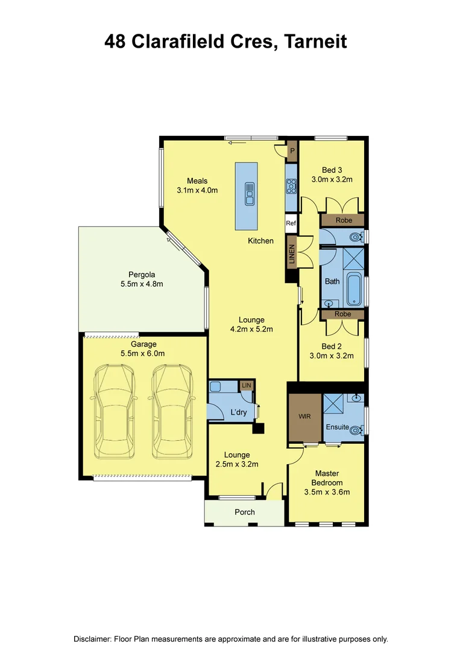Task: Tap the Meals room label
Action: point(197,181)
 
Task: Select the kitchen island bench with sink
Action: point(247,195)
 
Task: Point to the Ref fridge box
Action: point(291,223)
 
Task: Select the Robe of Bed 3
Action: point(343,220)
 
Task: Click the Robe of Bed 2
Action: point(343,315)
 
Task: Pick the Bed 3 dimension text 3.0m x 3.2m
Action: point(332,180)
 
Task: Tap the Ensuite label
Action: point(337,427)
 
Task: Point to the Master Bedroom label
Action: point(327,478)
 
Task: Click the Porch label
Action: point(244,512)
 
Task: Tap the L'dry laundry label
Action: point(232,412)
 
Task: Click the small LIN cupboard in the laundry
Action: point(247,385)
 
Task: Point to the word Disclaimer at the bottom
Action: point(95,639)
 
